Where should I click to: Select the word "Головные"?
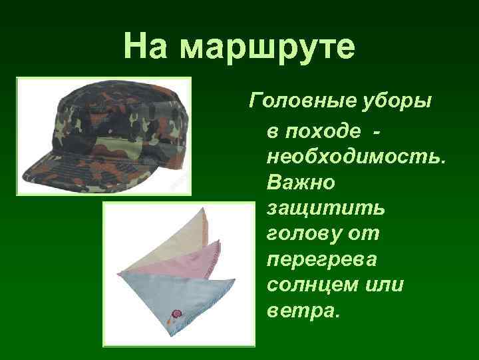(296, 101)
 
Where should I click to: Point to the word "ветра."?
(302, 310)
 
